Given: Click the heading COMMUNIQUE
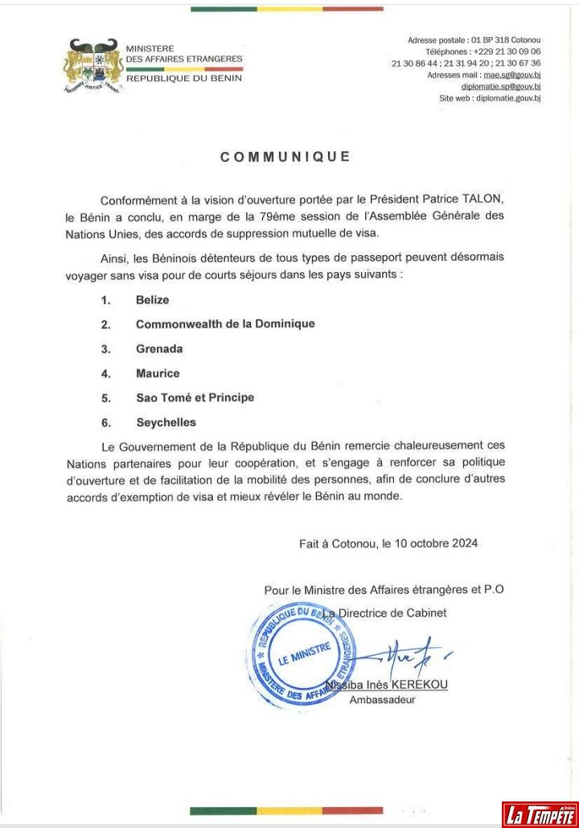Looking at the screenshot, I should tap(285, 157).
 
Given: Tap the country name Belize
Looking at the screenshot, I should tap(153, 300).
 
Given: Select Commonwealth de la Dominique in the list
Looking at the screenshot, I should tap(225, 324).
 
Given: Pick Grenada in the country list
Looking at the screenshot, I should tap(159, 349).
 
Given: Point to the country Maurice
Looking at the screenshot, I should tap(158, 373).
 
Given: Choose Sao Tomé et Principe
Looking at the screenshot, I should tap(195, 398).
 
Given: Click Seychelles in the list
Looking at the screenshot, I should tap(166, 422).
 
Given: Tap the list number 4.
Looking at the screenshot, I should tap(105, 373).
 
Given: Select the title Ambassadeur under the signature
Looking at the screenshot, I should tap(382, 700).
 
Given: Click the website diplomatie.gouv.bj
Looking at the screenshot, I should tap(508, 97).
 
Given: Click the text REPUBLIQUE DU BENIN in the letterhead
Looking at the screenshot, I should tap(184, 78).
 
